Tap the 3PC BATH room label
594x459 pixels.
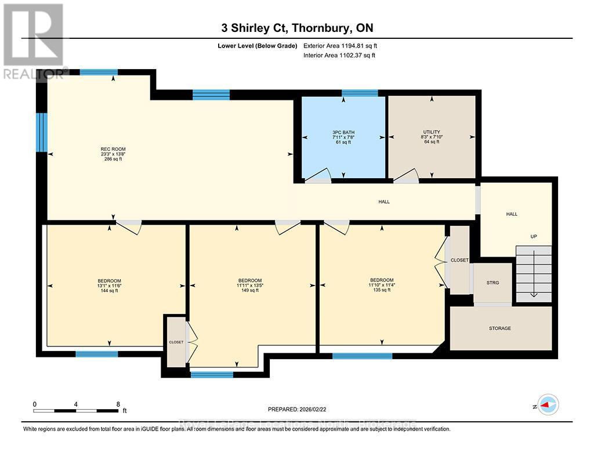click(x=343, y=132)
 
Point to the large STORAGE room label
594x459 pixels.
click(x=499, y=328)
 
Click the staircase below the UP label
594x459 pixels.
click(x=534, y=273)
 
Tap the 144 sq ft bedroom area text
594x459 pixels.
click(x=109, y=291)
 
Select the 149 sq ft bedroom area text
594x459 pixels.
click(x=250, y=291)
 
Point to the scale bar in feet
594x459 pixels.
click(x=77, y=410)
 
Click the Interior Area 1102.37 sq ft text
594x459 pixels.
click(x=339, y=56)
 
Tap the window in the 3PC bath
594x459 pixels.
click(x=360, y=93)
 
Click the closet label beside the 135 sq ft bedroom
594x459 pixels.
click(x=459, y=260)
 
